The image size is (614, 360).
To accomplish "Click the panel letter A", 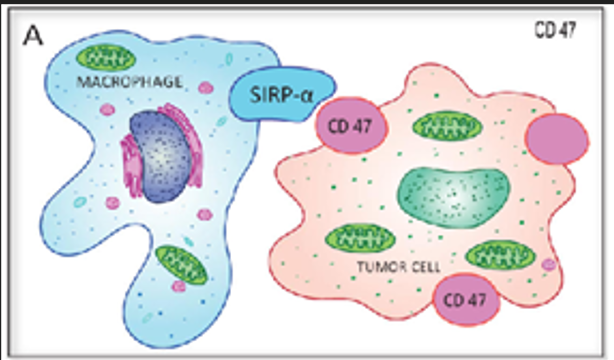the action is point(34,39).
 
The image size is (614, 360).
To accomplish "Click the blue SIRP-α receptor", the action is point(274,99).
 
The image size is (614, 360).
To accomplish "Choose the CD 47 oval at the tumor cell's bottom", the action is point(466,299).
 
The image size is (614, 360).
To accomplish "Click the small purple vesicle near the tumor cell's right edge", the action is point(549,264).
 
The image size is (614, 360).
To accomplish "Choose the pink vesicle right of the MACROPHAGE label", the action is point(207,88).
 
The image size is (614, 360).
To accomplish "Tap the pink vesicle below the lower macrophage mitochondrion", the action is point(178,287).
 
